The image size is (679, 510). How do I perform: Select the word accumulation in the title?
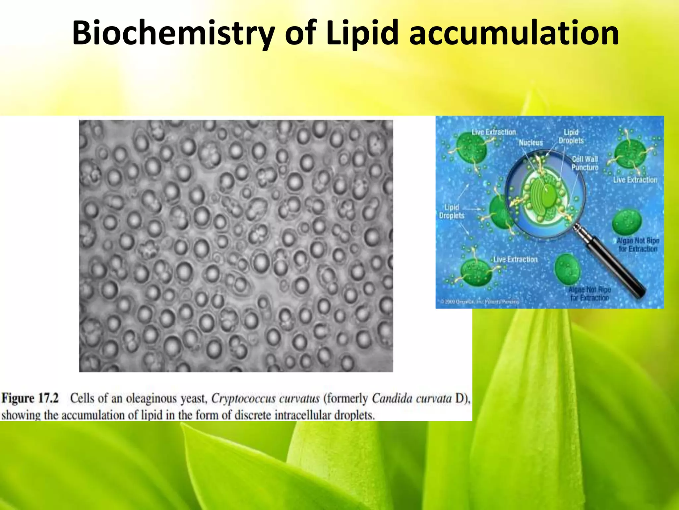tap(514, 33)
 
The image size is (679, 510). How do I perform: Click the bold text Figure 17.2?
tap(30, 398)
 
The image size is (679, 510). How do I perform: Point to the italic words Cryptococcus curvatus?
tap(265, 398)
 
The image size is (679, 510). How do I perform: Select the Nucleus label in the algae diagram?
tap(531, 142)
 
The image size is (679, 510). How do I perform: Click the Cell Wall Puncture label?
tap(585, 163)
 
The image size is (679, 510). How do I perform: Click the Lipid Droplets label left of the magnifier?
tap(452, 212)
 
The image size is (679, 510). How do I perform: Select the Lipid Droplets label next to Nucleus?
tap(571, 136)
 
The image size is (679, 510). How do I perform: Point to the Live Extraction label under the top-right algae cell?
tap(635, 180)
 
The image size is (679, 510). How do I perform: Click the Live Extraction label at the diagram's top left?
tap(494, 132)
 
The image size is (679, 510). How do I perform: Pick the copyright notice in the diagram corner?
tap(479, 301)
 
